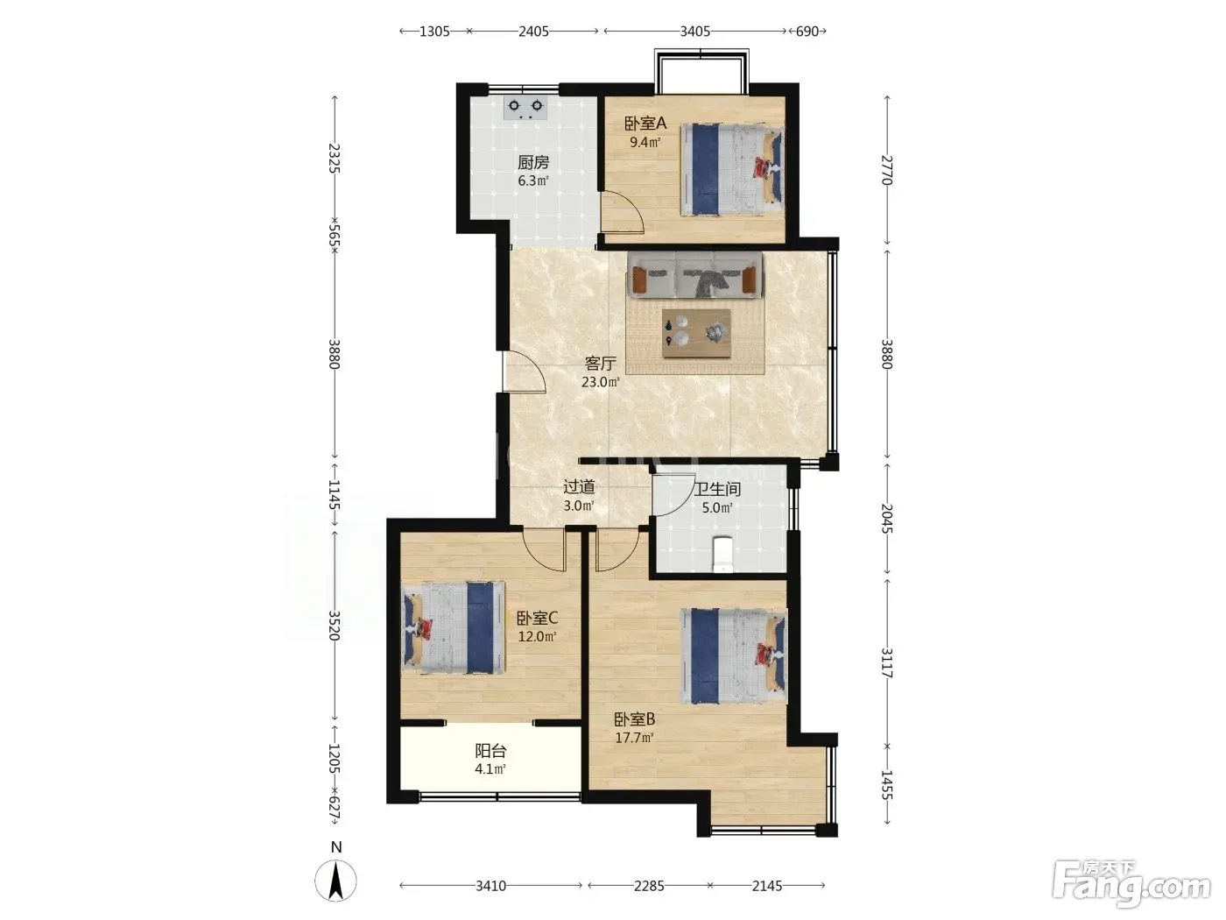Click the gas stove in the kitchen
(525, 108)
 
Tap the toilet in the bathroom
(724, 554)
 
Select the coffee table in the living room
(696, 334)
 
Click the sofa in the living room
(694, 274)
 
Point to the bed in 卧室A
(732, 169)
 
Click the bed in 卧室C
(453, 627)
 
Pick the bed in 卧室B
(733, 655)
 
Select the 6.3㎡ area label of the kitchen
(532, 180)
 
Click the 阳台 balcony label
(490, 750)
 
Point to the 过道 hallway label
(579, 487)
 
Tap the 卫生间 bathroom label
(717, 489)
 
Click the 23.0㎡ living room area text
(601, 382)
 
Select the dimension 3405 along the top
(694, 32)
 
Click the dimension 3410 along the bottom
(491, 886)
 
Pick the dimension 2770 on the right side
(887, 170)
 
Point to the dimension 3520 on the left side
(334, 626)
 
